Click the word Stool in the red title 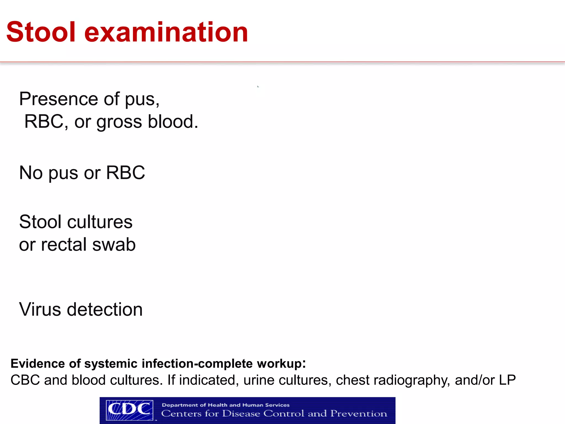(41, 32)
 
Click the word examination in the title (166, 32)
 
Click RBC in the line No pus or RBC (126, 173)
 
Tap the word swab (114, 245)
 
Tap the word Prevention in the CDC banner (359, 414)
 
